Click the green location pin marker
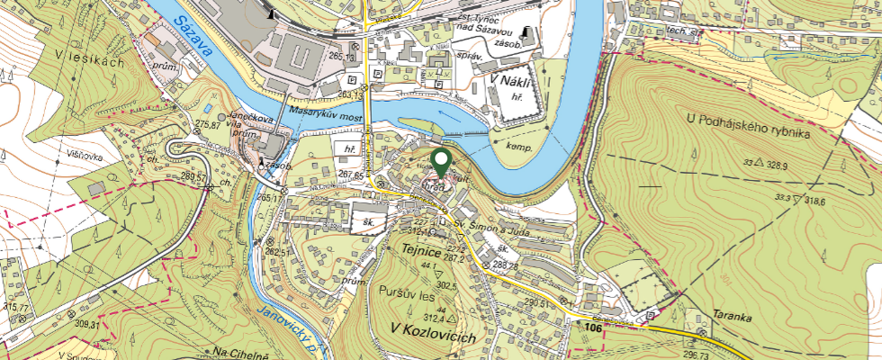click(x=441, y=163)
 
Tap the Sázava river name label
click(x=194, y=37)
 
